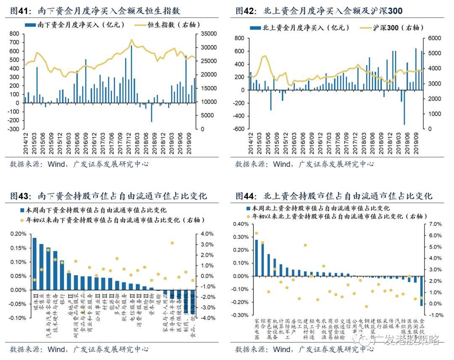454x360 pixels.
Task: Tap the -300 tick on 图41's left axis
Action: click(x=14, y=129)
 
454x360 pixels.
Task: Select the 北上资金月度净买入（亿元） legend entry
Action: click(x=300, y=28)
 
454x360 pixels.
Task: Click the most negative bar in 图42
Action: click(x=404, y=107)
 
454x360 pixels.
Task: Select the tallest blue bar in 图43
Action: click(x=34, y=264)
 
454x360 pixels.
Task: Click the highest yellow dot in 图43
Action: click(x=172, y=243)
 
